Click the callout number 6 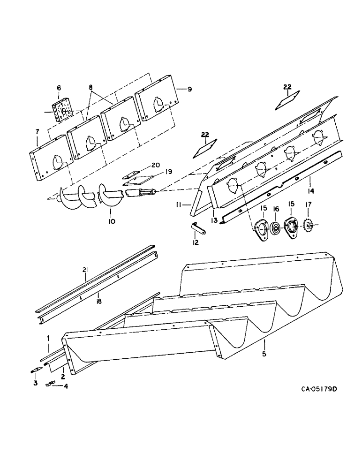pos(59,88)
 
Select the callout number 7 pos(37,133)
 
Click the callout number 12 pos(196,242)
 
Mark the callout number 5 pos(264,354)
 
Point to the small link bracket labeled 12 pos(196,228)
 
